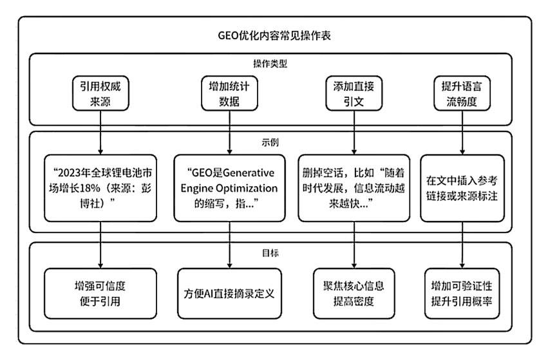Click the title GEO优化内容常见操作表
tap(274, 35)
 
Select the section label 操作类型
tap(270, 64)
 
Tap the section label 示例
tap(270, 142)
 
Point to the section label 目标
tap(270, 253)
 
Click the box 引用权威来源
tap(100, 93)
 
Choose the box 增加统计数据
tap(229, 93)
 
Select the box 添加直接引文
tap(354, 93)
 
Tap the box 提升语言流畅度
tap(462, 93)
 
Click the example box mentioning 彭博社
tap(100, 188)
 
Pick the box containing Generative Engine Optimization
tap(229, 188)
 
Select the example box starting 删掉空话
tap(354, 188)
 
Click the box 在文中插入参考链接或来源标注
tap(462, 188)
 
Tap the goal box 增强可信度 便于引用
tap(100, 294)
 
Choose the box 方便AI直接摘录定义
tap(229, 294)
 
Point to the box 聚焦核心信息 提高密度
tap(354, 294)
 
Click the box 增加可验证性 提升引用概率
tap(462, 294)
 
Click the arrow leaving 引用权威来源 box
tap(100, 133)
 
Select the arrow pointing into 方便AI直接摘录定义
tap(229, 245)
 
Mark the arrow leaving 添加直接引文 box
tap(354, 133)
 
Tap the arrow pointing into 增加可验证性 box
tap(462, 245)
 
